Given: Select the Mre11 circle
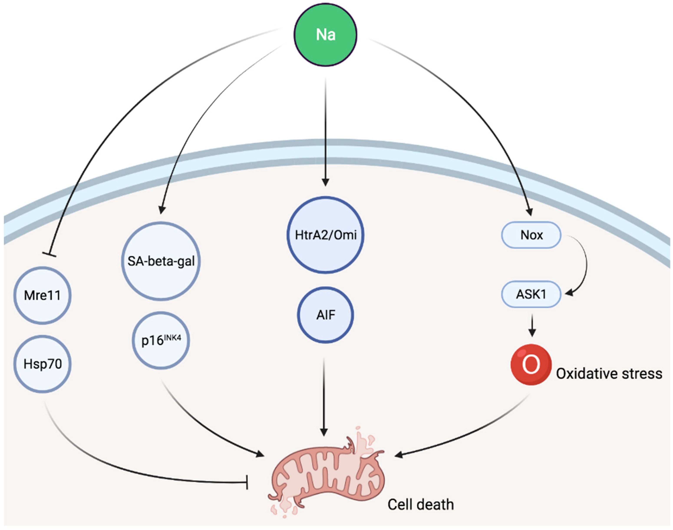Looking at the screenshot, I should point(43,295).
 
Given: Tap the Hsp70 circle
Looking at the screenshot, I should point(43,364).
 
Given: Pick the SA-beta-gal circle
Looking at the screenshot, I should point(161,261).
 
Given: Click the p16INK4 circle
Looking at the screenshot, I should point(161,340).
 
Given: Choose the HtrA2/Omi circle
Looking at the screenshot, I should point(325,235).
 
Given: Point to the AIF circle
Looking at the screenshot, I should point(325,315).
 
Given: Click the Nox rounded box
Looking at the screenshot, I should point(531,235).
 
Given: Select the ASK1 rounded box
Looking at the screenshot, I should point(531,294).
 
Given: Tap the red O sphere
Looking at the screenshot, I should point(531,364).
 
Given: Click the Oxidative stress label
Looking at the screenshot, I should point(609,374).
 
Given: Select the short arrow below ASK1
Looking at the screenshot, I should point(532,326).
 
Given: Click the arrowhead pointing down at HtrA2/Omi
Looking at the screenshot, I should point(325,182).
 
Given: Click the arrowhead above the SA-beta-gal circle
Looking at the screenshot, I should point(162,210).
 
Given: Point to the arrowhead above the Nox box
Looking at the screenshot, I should point(529,212).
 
